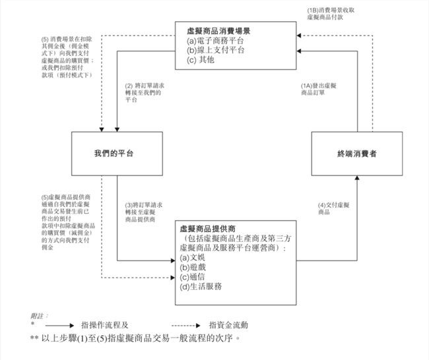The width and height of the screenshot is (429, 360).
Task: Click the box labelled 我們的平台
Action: tap(117, 154)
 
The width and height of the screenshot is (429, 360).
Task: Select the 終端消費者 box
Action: tap(357, 154)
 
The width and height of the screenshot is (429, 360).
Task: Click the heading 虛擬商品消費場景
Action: tap(218, 31)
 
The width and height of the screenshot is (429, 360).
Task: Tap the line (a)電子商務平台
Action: tap(215, 41)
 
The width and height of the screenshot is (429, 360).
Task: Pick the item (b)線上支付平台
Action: tap(216, 50)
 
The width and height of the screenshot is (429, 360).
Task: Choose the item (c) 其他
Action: tap(200, 59)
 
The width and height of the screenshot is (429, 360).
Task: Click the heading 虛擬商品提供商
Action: tap(207, 229)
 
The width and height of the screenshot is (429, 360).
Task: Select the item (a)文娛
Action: tap(192, 258)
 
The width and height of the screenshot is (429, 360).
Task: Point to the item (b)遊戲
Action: tap(193, 267)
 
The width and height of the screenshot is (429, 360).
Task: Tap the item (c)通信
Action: tap(192, 277)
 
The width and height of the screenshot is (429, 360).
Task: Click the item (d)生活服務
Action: tap(201, 286)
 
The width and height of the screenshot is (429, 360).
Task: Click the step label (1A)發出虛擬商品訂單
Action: tap(319, 89)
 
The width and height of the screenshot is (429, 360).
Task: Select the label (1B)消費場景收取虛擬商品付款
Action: tap(331, 14)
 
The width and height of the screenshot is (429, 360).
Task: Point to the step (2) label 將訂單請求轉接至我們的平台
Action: tap(145, 93)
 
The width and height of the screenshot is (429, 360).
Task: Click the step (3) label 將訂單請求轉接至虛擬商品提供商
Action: tap(144, 212)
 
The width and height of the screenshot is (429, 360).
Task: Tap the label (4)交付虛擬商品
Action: tap(333, 208)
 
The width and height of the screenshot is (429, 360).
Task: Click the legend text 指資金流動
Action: tap(228, 325)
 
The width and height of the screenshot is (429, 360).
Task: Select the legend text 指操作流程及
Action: tap(105, 325)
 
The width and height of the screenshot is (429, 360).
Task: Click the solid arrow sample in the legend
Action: tap(59, 326)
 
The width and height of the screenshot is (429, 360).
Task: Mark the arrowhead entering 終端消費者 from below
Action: tap(357, 177)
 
